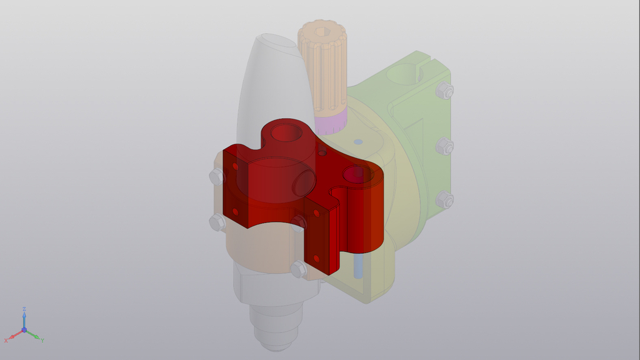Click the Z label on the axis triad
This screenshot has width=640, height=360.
[x=24, y=309]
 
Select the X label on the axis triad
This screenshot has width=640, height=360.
[x=6, y=340]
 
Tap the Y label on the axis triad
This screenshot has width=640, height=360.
[x=42, y=340]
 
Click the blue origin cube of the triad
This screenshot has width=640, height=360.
[x=24, y=329]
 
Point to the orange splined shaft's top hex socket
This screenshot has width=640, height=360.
[x=321, y=31]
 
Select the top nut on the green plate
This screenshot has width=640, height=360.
[x=444, y=91]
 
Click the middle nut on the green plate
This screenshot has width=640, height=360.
[x=444, y=146]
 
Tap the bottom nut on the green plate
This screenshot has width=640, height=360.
[x=444, y=200]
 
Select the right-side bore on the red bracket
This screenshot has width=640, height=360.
[x=357, y=174]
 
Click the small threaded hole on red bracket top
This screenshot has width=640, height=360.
[x=322, y=151]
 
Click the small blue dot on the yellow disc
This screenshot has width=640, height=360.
[x=357, y=142]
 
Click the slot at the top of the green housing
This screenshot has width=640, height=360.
[x=419, y=62]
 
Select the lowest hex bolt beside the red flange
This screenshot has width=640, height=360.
[x=299, y=269]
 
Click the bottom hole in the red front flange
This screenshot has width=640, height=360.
[x=316, y=258]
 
